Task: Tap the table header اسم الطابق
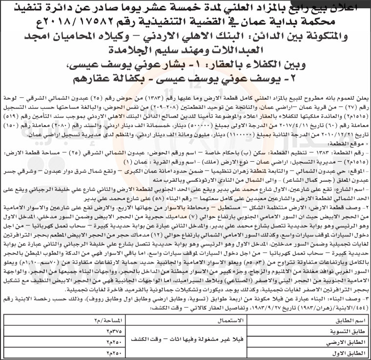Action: click(342, 322)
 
